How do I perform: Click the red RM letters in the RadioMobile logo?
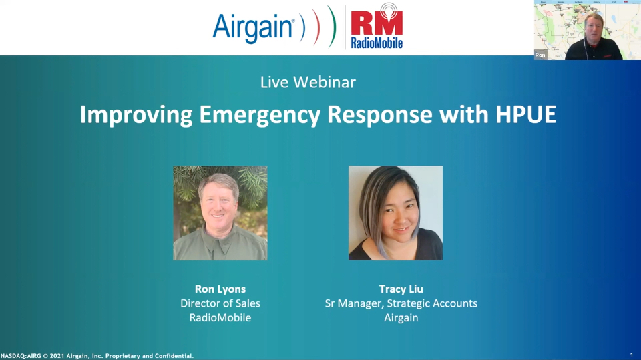tap(377, 24)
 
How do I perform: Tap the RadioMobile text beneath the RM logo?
tap(377, 43)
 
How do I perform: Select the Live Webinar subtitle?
tap(308, 82)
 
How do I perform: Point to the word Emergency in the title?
tap(260, 115)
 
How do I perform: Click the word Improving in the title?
tap(136, 115)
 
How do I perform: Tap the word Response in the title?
tap(380, 115)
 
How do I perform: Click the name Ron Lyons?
tap(220, 289)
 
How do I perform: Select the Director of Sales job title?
tap(220, 303)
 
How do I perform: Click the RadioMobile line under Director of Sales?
tap(220, 317)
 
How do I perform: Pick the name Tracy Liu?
tap(401, 289)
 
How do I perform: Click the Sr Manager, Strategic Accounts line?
tap(401, 303)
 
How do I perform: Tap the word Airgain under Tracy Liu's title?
tap(401, 318)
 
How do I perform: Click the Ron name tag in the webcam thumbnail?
tap(540, 55)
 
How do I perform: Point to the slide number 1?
tap(632, 355)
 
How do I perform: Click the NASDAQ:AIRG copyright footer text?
tap(97, 356)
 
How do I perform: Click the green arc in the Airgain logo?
tap(333, 27)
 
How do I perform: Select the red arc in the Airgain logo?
tap(318, 27)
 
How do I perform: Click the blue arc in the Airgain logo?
tap(303, 27)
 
